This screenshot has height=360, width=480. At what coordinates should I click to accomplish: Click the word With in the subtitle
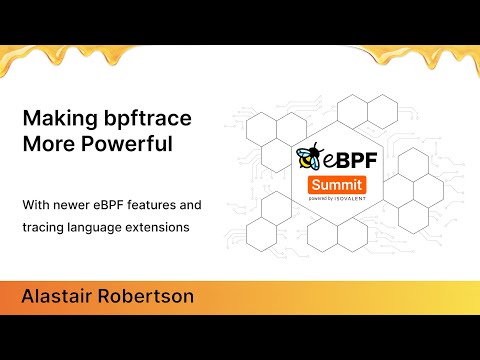37,205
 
